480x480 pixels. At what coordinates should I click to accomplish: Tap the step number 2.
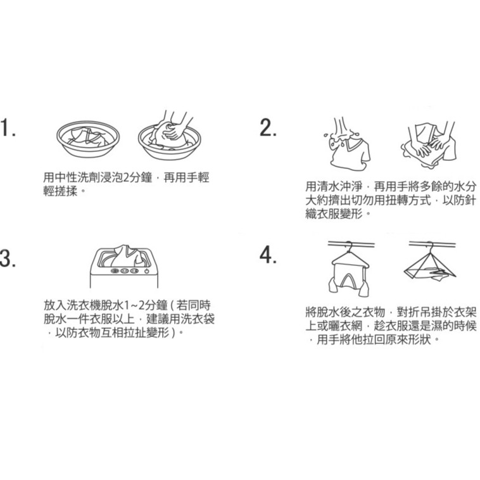(268, 127)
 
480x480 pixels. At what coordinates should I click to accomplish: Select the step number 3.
(8, 258)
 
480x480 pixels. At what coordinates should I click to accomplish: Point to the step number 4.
(268, 255)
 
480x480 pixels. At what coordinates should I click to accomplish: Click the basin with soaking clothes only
(88, 139)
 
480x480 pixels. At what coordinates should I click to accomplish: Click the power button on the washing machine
(147, 271)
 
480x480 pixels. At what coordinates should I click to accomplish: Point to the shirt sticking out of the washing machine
(126, 256)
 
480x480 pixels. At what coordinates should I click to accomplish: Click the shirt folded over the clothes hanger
(350, 274)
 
